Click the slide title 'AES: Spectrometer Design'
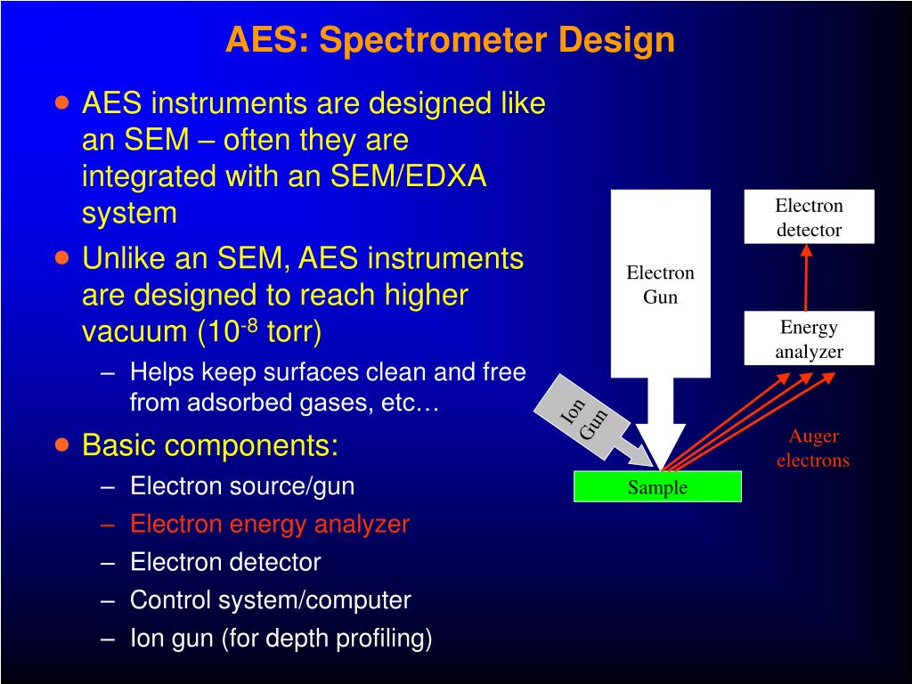[450, 40]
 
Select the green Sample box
[657, 487]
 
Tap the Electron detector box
[809, 217]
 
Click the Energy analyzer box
[809, 338]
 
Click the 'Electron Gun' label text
[660, 285]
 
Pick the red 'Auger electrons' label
[812, 448]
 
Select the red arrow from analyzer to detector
[806, 278]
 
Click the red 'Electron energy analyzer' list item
[269, 524]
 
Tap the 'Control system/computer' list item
[270, 600]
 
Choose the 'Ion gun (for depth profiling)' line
[281, 639]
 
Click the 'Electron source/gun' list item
[242, 486]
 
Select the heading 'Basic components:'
[210, 444]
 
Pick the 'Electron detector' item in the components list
[225, 562]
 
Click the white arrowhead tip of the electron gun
[661, 465]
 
